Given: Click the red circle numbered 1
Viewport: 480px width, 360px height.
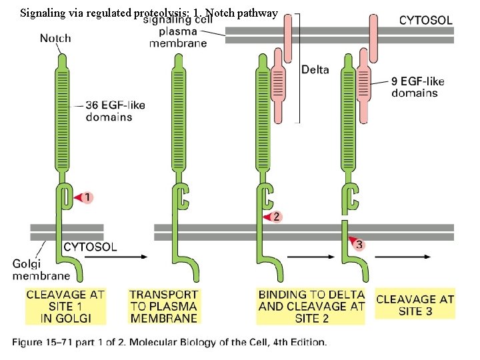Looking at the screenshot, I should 89,197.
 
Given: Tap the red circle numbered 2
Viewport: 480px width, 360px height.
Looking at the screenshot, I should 277,217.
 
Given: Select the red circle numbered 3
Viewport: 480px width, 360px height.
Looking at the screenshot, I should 359,245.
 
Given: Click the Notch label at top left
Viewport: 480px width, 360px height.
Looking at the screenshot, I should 55,38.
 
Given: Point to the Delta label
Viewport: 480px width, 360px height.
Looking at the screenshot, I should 315,69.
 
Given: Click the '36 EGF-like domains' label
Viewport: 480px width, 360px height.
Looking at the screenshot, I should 115,111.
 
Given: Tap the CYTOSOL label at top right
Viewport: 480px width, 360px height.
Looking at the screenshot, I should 426,20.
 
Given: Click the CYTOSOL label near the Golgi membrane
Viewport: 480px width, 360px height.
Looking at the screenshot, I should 90,247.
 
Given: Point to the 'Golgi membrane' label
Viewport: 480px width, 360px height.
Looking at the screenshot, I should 41,269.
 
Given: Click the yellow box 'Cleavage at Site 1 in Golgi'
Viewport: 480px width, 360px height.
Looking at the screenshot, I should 65,306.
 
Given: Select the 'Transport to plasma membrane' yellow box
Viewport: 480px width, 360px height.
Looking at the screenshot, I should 163,306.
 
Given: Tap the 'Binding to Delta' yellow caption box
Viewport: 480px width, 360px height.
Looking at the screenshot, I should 311,306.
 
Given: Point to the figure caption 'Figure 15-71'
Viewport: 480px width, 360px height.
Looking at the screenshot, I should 169,343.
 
